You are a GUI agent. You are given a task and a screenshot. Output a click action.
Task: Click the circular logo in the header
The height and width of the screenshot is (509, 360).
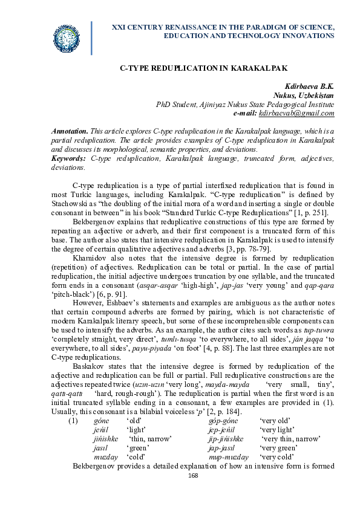pos(67,38)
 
